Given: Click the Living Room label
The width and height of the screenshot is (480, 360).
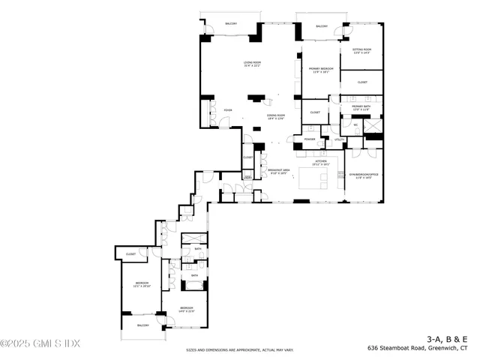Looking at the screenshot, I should (251, 64).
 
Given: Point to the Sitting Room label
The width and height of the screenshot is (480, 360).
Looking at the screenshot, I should (362, 51).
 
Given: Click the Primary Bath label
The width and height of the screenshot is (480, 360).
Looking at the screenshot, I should (361, 108).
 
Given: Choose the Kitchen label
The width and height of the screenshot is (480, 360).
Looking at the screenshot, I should (321, 161).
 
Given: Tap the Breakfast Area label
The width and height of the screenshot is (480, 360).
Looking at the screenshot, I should (282, 171).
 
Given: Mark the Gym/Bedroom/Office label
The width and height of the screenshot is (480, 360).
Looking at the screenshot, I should (362, 176).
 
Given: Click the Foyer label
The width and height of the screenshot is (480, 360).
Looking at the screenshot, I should (227, 111).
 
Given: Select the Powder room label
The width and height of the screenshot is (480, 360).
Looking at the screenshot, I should (310, 139).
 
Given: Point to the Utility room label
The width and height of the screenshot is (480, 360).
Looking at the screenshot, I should (338, 139).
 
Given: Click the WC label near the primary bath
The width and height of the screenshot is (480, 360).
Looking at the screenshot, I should (355, 124).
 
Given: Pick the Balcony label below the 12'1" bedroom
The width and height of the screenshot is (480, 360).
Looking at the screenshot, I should (142, 325).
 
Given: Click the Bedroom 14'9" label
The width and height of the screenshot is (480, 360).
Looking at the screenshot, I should (186, 310).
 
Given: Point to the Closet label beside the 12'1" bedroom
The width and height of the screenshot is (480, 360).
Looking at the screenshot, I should (130, 255).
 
